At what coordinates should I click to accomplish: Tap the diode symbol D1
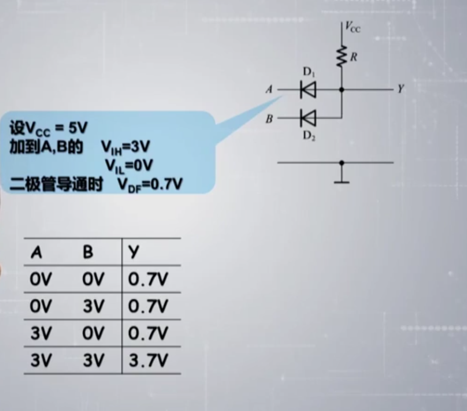(x=308, y=90)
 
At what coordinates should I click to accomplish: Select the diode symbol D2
(x=308, y=118)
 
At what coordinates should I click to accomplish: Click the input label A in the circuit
(x=269, y=90)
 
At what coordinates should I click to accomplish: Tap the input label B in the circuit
(x=269, y=118)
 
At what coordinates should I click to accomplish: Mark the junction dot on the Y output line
(x=342, y=90)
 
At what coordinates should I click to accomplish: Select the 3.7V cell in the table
(x=148, y=361)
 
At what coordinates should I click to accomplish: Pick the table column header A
(x=37, y=253)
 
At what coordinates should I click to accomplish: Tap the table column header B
(x=88, y=253)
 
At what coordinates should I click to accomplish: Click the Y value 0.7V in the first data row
(x=148, y=280)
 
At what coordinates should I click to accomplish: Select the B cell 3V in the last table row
(x=94, y=361)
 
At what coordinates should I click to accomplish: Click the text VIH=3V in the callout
(x=126, y=147)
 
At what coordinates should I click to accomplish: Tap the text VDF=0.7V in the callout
(x=150, y=184)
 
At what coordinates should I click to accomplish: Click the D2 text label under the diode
(x=308, y=136)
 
